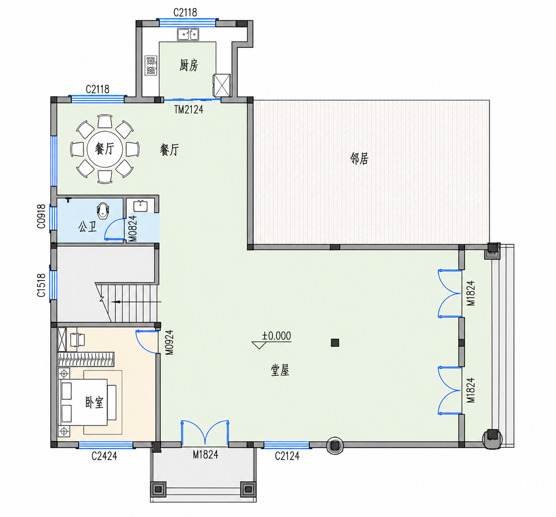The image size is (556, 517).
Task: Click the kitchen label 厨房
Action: [x=189, y=65]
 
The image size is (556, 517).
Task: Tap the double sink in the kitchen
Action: [x=188, y=34]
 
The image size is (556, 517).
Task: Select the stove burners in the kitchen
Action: [x=151, y=65]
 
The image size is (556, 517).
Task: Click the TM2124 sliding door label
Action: [x=189, y=109]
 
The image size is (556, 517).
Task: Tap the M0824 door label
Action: [x=133, y=228]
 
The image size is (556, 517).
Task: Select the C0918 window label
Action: [x=41, y=216]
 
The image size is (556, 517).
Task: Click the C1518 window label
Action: [x=41, y=285]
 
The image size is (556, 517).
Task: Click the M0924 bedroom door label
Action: [x=169, y=343]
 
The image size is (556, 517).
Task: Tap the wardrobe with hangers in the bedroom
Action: [x=86, y=359]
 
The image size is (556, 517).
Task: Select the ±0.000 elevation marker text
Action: [x=277, y=336]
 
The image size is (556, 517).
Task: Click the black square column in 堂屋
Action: [x=335, y=343]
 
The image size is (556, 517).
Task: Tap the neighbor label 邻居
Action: [x=359, y=159]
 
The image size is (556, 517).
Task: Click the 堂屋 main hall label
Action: [x=280, y=370]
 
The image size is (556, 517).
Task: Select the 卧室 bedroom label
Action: [x=94, y=402]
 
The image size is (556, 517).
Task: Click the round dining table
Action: [x=105, y=149]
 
